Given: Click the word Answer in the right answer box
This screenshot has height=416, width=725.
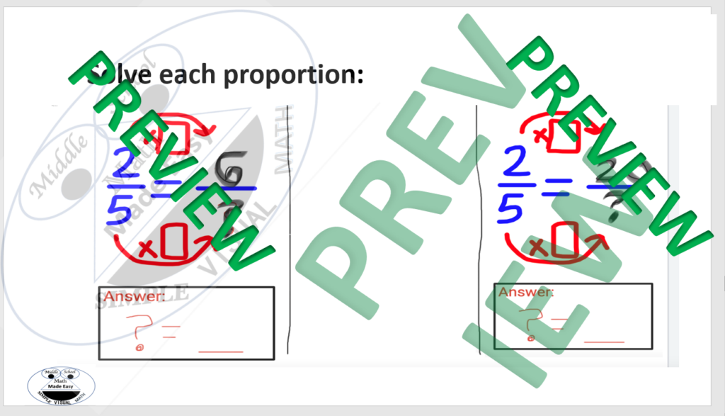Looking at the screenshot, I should pos(526,292).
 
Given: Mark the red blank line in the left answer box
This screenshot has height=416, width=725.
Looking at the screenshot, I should pos(220,351).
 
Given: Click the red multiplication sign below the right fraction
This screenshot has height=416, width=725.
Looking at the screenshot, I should pos(537,246).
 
